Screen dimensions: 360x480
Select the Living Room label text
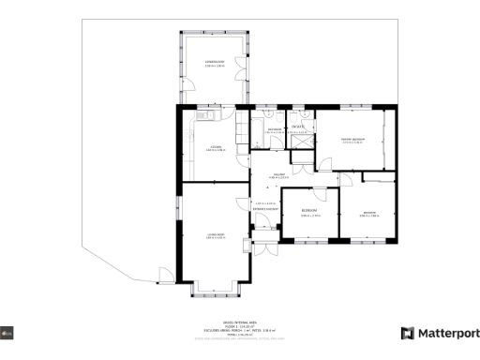[x=215, y=237]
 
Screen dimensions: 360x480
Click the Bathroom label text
[x=275, y=129]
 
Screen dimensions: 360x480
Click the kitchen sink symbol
[x=203, y=115]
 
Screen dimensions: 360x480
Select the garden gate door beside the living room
[x=166, y=275]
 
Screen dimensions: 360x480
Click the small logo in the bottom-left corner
[x=7, y=333]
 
